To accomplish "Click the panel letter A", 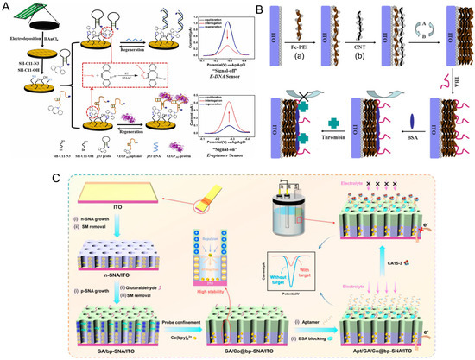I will (x=7, y=7).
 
